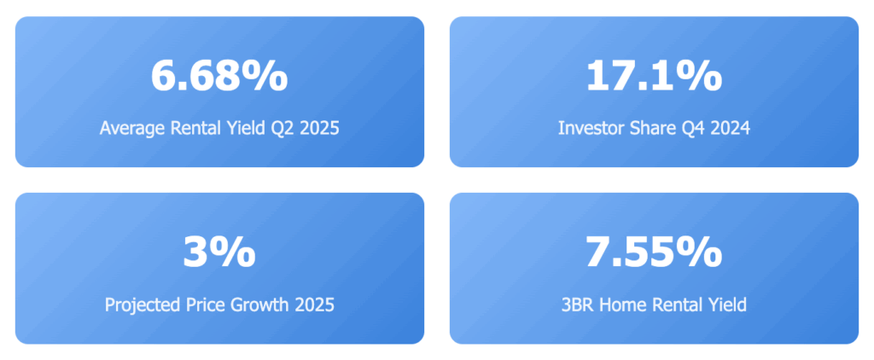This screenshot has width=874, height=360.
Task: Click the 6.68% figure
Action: pos(219,76)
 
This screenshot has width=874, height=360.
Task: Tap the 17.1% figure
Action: pos(654,76)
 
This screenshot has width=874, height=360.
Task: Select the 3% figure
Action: pos(219,253)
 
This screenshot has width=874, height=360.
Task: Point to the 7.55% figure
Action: pos(654,253)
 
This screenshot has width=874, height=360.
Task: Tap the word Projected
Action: pos(140,305)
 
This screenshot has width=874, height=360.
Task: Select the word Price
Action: pos(201,305)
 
